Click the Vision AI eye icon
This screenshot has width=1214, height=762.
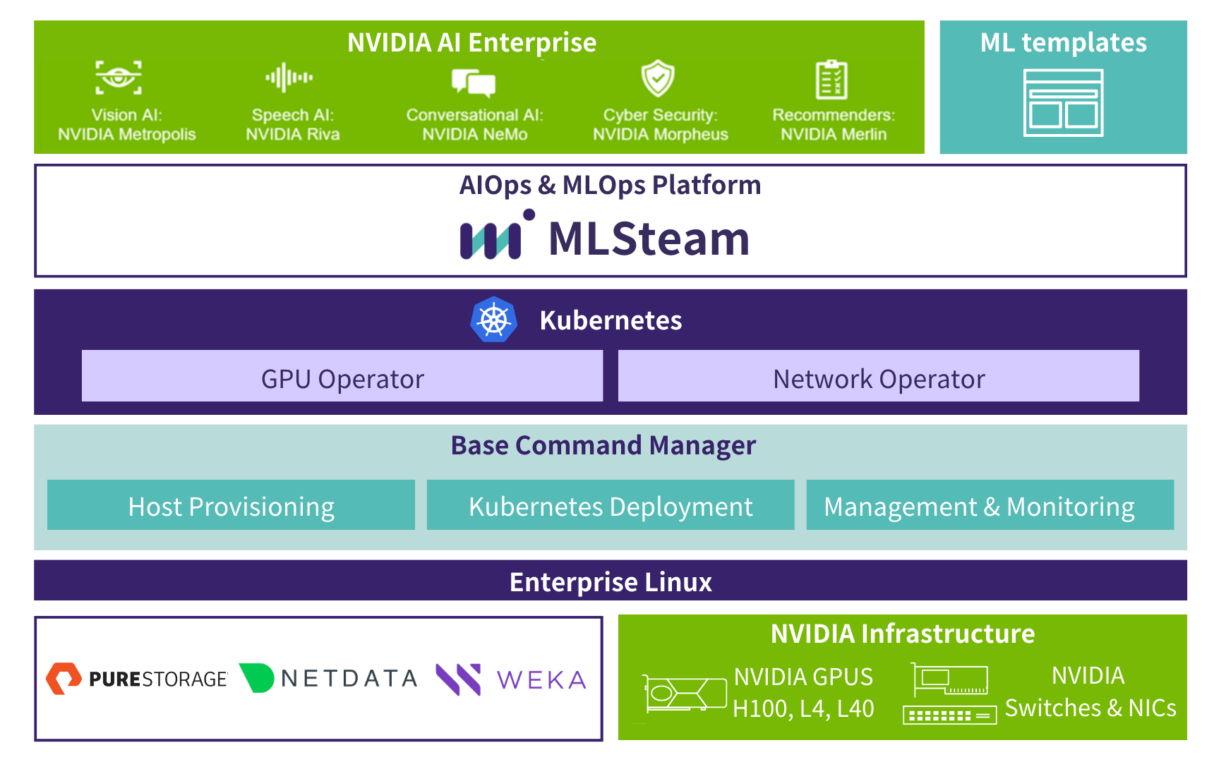(119, 77)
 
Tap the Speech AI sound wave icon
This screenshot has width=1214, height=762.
(289, 78)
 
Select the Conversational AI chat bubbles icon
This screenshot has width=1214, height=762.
(474, 83)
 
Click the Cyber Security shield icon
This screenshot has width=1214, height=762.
(658, 78)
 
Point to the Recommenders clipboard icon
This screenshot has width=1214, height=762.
(831, 79)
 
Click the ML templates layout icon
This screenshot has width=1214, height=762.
(1063, 103)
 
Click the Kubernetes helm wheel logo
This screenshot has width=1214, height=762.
(494, 320)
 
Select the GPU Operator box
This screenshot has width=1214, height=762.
(342, 376)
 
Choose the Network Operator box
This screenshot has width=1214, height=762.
(879, 376)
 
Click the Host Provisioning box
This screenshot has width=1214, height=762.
(231, 505)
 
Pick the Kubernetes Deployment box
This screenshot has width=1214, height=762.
(611, 505)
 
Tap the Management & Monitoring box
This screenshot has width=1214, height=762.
(990, 505)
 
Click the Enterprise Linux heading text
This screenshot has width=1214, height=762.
(611, 582)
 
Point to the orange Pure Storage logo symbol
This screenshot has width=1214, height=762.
(64, 679)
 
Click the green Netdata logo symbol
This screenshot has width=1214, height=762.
(257, 678)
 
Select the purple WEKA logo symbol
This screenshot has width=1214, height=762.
(459, 679)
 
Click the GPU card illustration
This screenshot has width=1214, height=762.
(684, 694)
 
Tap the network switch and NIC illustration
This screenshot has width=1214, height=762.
(949, 694)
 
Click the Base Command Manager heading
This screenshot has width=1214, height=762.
(603, 446)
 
